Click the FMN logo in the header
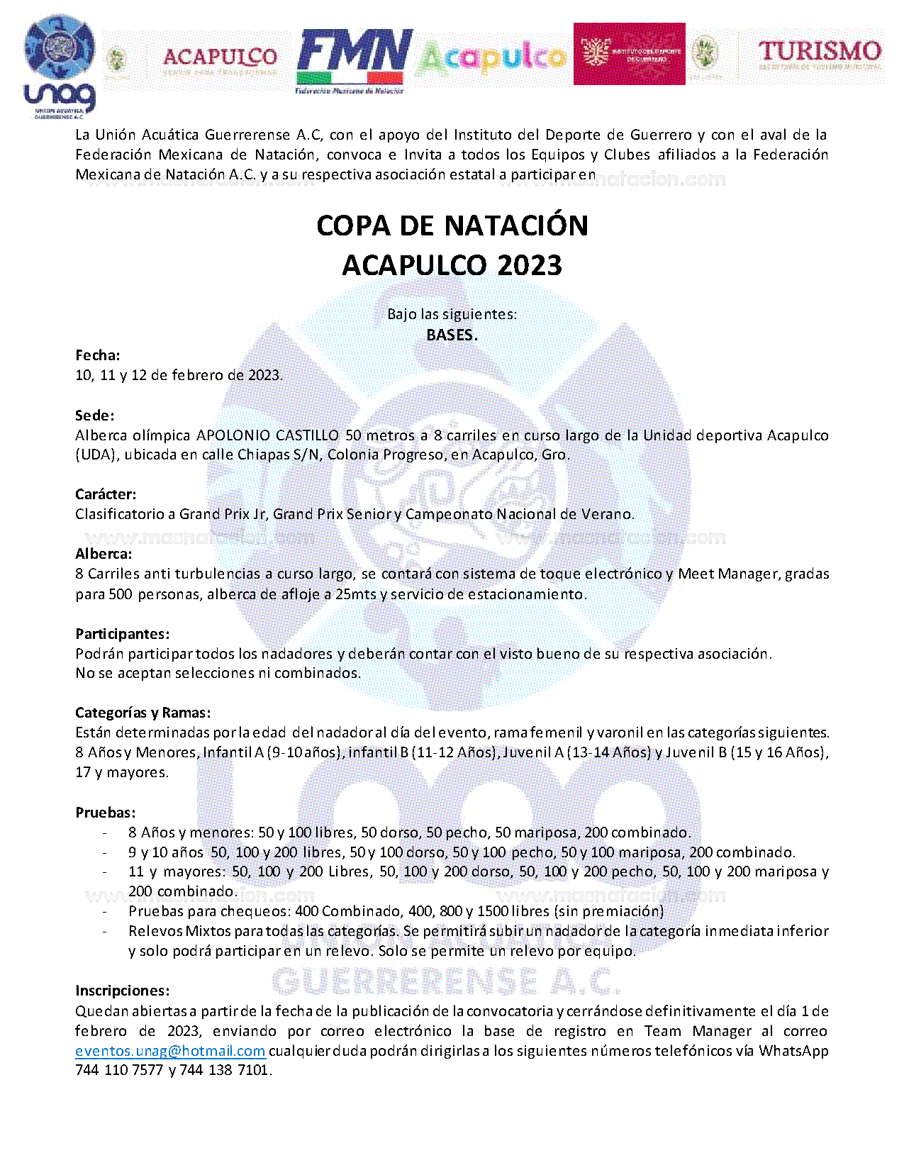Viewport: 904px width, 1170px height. pos(354,60)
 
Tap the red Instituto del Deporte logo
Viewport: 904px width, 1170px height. pos(629,54)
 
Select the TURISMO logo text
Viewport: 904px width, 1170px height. pos(820,52)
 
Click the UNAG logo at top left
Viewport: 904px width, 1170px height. pos(60,68)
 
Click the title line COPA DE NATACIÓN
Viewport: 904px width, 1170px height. pos(452,225)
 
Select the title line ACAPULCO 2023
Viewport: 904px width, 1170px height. pos(452,265)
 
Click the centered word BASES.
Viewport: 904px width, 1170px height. pos(452,335)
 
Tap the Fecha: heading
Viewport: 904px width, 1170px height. pos(98,355)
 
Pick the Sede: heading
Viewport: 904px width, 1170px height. pos(95,415)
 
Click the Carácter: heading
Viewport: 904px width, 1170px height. pos(106,494)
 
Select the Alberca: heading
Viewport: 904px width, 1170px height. pos(104,554)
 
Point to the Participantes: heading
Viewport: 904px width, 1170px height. pos(123,633)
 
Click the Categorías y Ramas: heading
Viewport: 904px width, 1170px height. pos(143,713)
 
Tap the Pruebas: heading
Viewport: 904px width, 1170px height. pos(105,813)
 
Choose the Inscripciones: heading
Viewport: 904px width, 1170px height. pos(123,991)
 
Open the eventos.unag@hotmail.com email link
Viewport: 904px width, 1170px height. pos(170,1051)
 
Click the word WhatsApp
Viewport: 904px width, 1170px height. pos(793,1050)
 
